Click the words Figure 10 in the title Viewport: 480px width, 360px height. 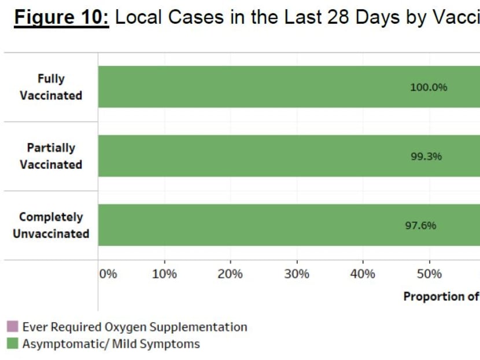point(62,18)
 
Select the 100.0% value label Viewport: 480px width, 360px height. point(429,87)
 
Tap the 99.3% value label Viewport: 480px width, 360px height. point(426,156)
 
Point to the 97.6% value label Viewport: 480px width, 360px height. point(420,226)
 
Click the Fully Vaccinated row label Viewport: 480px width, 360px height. point(51,87)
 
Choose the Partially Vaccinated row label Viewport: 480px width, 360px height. point(51,156)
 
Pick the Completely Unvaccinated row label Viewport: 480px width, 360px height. point(51,225)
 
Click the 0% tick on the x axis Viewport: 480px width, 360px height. point(108,274)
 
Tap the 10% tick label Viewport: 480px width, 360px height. point(164,274)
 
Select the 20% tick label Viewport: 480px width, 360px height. point(230,274)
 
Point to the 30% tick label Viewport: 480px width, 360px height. point(297,274)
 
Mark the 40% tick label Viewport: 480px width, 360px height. point(363,274)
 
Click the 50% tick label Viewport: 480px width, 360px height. point(429,274)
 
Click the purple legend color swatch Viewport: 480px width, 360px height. point(12,327)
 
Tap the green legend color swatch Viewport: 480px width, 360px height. point(12,344)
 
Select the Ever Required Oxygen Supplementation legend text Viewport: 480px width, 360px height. point(135,327)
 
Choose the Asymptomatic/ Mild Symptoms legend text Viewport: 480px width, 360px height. point(111,344)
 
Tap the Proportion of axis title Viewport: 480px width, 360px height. point(441,296)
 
